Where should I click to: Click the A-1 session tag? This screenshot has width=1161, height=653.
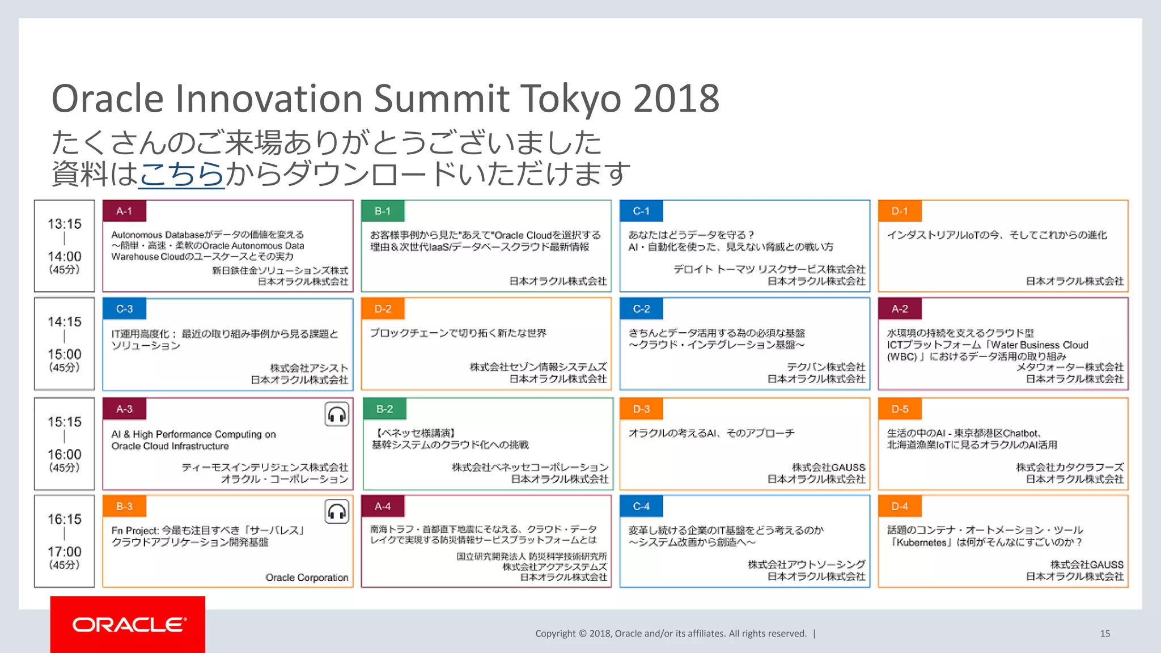tap(124, 211)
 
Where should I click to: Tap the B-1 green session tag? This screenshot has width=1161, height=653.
tap(383, 211)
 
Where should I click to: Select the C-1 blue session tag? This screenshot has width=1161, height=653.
tap(641, 211)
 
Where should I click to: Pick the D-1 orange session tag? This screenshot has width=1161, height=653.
tap(900, 211)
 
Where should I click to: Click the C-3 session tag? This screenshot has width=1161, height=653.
tap(124, 309)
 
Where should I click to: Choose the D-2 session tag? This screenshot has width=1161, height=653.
tap(383, 309)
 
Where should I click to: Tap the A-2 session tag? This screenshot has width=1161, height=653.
tap(900, 309)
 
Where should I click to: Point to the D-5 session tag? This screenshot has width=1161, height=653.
tap(900, 409)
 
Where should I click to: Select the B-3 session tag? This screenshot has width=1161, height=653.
tap(124, 506)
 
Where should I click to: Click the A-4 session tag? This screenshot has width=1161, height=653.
tap(383, 506)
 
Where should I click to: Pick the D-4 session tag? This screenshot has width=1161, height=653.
tap(900, 506)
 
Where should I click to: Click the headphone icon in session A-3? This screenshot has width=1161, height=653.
tap(337, 414)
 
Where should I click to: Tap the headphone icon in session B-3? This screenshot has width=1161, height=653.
tap(337, 512)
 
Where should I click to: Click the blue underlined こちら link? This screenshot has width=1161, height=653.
tap(181, 173)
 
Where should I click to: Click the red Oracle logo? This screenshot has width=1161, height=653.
tap(128, 625)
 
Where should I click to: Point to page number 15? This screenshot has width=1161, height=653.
tap(1105, 634)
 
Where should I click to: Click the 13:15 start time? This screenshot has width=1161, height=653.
tap(65, 224)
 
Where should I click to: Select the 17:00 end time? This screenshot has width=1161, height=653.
tap(65, 552)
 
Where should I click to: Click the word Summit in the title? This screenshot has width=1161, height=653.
tap(442, 99)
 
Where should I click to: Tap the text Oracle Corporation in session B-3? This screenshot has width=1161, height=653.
tap(307, 578)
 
